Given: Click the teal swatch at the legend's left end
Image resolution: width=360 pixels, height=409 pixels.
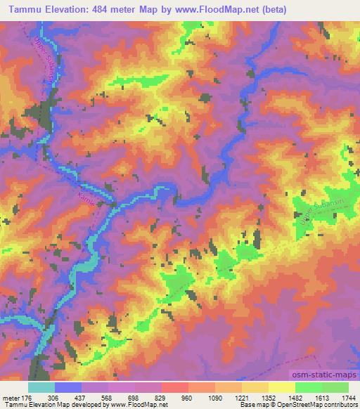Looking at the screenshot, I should (41, 387).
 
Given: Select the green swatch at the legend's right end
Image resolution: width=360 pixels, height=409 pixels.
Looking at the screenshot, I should (335, 387).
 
